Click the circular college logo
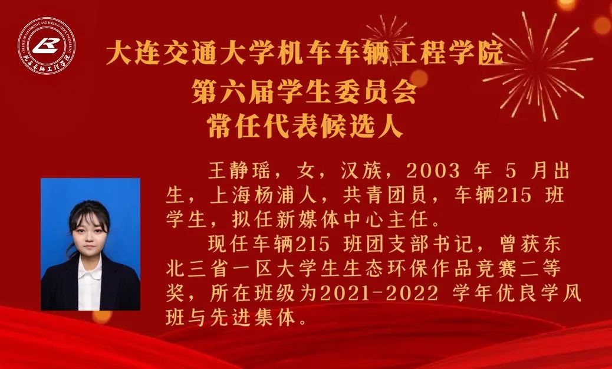[47, 45]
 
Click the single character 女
[305, 171]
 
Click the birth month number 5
[511, 171]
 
